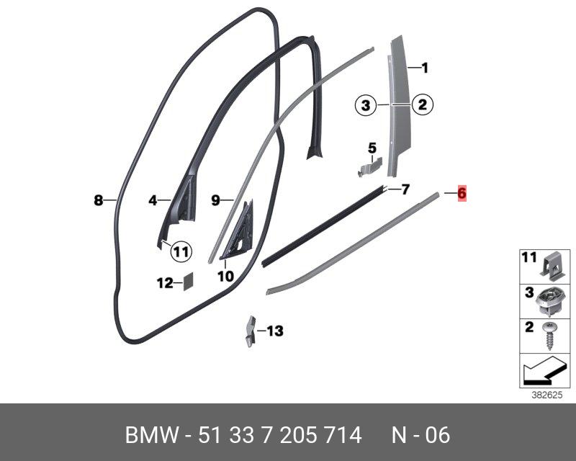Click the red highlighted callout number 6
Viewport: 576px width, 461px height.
462,193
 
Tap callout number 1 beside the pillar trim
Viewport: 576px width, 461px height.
425,68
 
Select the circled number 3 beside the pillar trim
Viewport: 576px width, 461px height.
366,105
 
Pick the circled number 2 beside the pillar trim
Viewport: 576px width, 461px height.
423,105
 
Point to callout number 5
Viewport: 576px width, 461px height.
372,148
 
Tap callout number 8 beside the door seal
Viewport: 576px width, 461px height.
99,201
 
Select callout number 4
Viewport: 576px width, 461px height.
153,201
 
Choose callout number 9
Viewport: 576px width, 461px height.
215,201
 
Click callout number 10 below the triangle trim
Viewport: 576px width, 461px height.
225,275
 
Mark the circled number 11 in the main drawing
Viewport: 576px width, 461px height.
181,251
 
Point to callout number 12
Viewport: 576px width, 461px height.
165,283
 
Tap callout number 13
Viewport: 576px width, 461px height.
275,331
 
